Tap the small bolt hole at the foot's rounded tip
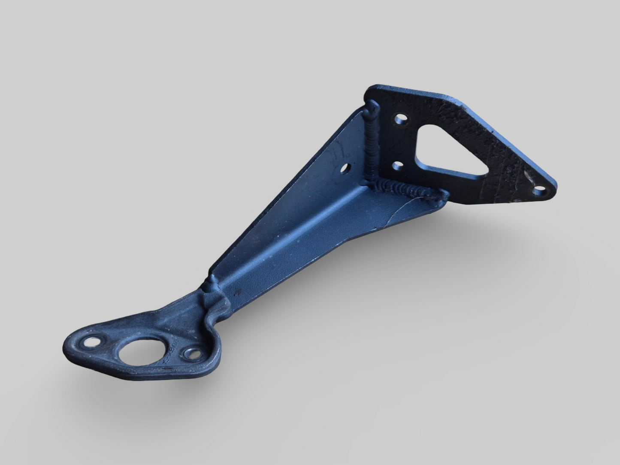91,342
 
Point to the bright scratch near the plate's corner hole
529,177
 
